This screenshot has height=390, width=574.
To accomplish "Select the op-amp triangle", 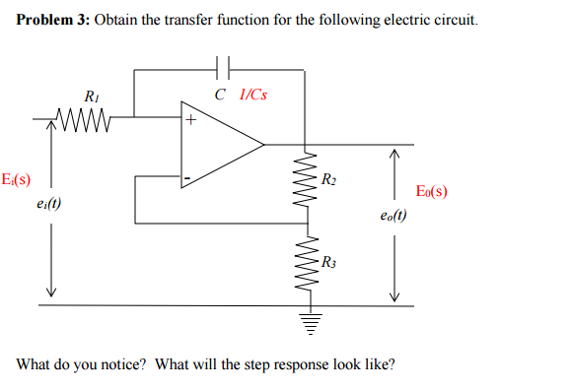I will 219,145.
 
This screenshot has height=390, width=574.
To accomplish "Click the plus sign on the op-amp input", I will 191,122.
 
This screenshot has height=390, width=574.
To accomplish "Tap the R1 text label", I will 91,97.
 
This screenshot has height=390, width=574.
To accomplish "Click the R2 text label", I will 329,178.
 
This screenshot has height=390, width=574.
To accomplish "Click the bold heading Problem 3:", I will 53,21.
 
